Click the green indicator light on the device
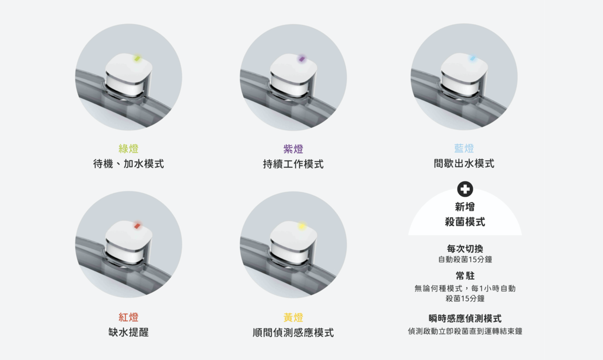coord(137,59)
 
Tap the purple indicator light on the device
coord(301,59)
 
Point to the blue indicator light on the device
coord(472,58)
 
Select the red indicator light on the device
coord(136,226)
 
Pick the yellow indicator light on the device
coord(301,226)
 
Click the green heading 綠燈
coord(129,149)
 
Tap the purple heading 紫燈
coord(293,149)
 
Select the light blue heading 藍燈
coord(464,149)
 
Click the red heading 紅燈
coord(129,317)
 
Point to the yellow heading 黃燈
coord(293,317)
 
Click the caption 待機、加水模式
coord(129,164)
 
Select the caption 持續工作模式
coord(293,164)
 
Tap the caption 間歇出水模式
coord(464,164)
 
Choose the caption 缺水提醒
coord(129,332)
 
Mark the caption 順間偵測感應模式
coord(293,332)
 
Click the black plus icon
coord(465,189)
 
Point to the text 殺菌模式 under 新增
coord(465,221)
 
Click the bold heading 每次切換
coord(465,249)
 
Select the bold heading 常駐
coord(465,276)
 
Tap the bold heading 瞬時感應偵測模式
coord(465,318)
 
